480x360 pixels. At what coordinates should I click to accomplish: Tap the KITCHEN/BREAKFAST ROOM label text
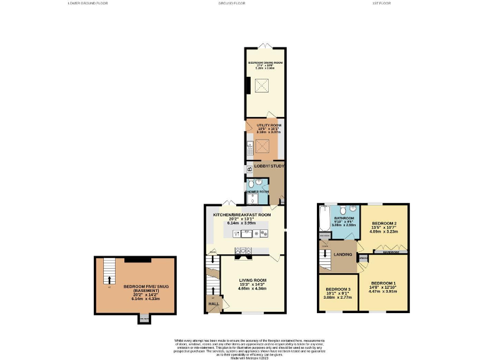click(x=242, y=214)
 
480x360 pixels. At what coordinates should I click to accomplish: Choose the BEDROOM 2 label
click(x=384, y=223)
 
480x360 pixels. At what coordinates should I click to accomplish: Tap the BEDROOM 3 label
click(x=337, y=289)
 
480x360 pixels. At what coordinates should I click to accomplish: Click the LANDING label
click(x=343, y=254)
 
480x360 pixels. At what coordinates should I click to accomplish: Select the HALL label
click(x=212, y=304)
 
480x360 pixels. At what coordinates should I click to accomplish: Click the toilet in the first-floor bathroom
click(x=352, y=209)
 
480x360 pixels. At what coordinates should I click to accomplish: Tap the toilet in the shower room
click(x=250, y=184)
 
